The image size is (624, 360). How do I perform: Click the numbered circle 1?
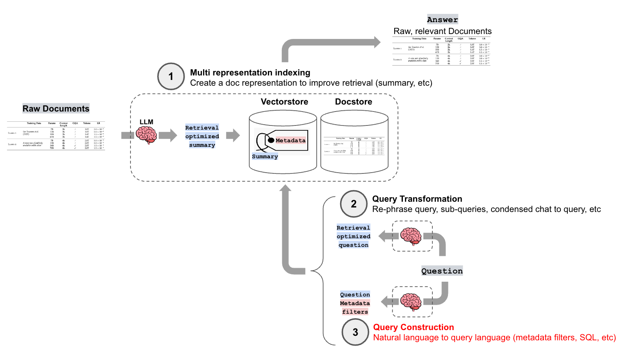pyautogui.click(x=171, y=77)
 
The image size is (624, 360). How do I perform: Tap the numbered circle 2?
pyautogui.click(x=354, y=204)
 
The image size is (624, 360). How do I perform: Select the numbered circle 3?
pyautogui.click(x=355, y=332)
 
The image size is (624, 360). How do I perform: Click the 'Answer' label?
pyautogui.click(x=442, y=20)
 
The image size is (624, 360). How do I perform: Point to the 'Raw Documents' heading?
pyautogui.click(x=56, y=109)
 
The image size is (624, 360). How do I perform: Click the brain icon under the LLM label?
pyautogui.click(x=146, y=135)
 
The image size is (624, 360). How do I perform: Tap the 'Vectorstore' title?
pyautogui.click(x=284, y=102)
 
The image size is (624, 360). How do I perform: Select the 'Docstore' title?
pyautogui.click(x=354, y=102)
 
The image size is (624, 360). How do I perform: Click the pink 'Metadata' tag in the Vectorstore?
pyautogui.click(x=290, y=140)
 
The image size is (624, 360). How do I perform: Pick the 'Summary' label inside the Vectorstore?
pyautogui.click(x=265, y=157)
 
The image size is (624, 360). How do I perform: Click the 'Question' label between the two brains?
pyautogui.click(x=442, y=271)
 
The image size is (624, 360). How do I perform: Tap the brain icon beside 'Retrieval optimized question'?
pyautogui.click(x=411, y=236)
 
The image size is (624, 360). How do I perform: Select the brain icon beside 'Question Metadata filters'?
pyautogui.click(x=411, y=302)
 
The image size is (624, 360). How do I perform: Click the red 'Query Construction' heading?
pyautogui.click(x=414, y=327)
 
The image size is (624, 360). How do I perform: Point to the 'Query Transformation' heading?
pyautogui.click(x=417, y=199)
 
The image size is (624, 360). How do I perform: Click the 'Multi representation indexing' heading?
pyautogui.click(x=250, y=73)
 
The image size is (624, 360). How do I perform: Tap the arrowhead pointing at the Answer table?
pyautogui.click(x=377, y=42)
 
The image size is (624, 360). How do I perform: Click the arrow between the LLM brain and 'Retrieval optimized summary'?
pyautogui.click(x=168, y=135)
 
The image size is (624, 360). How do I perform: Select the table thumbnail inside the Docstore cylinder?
pyautogui.click(x=354, y=146)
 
